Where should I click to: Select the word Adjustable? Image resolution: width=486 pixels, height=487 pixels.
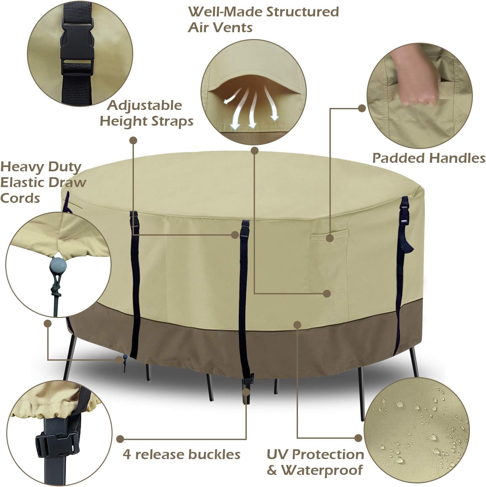(x=144, y=105)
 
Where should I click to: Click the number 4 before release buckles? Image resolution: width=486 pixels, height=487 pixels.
(x=127, y=455)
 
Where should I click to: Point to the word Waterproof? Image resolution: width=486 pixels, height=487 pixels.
(x=322, y=470)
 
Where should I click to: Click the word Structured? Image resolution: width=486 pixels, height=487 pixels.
(x=302, y=12)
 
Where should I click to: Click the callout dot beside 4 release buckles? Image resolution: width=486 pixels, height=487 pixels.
(x=120, y=439)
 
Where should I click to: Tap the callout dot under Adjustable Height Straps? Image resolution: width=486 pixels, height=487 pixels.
(x=133, y=140)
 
